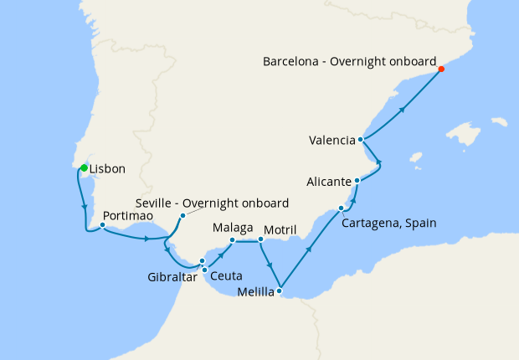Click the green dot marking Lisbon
(x=84, y=168)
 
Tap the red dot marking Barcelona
(x=441, y=69)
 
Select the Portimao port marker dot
(x=102, y=225)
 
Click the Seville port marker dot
(x=182, y=216)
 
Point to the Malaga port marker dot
(x=232, y=240)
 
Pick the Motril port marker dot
(x=260, y=239)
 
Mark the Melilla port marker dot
(x=280, y=291)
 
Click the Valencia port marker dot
(x=361, y=140)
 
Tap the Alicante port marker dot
(x=357, y=180)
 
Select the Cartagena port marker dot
(x=341, y=208)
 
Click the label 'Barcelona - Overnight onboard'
(x=350, y=61)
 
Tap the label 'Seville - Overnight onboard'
(x=212, y=203)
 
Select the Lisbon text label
(x=107, y=169)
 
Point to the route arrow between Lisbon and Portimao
(x=85, y=207)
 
